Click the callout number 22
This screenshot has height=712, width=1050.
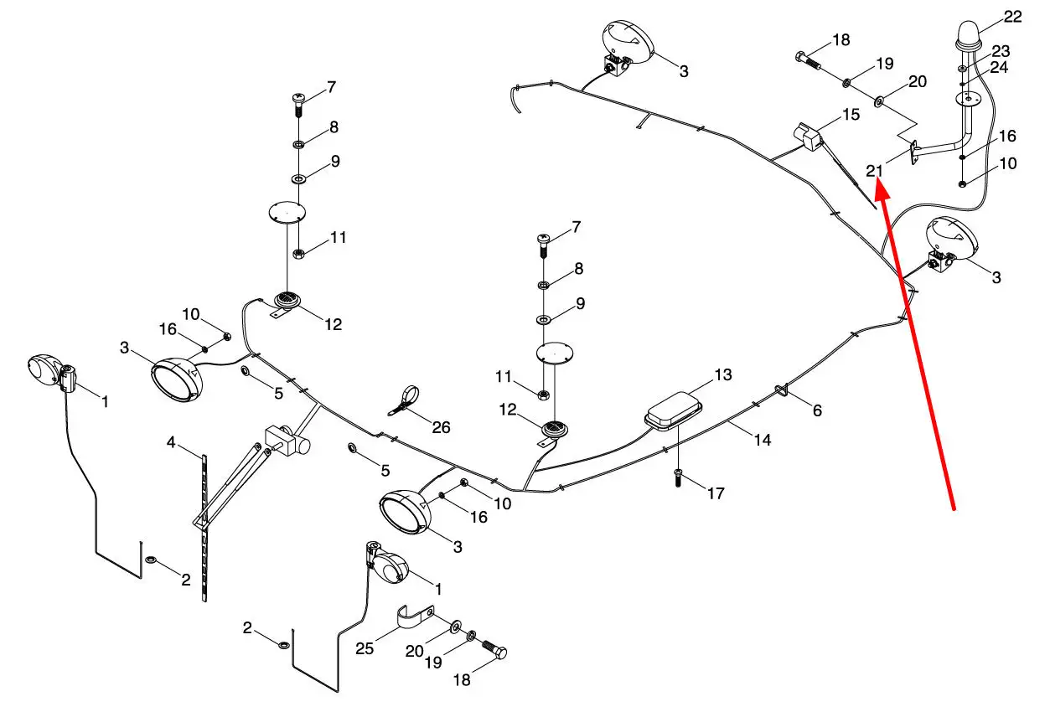point(1012,17)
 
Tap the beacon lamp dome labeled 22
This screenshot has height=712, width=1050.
point(969,35)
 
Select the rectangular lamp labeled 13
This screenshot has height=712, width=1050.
point(673,410)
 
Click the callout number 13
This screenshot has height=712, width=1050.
point(723,374)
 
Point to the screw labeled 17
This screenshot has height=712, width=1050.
point(677,477)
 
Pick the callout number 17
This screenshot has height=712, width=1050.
point(716,493)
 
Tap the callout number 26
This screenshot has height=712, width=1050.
point(441,427)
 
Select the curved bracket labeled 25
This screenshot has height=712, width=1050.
point(415,616)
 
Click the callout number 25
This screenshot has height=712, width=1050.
point(365,648)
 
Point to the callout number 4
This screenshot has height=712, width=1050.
point(171,441)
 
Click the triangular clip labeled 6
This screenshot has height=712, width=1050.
point(781,390)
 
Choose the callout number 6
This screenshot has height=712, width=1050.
point(817,410)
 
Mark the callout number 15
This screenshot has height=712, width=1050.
point(851,114)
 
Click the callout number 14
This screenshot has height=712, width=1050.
point(763,440)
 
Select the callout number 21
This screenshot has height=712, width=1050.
point(874,171)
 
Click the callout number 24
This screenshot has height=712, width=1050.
point(998,68)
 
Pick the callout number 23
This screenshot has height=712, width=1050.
point(1001,51)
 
